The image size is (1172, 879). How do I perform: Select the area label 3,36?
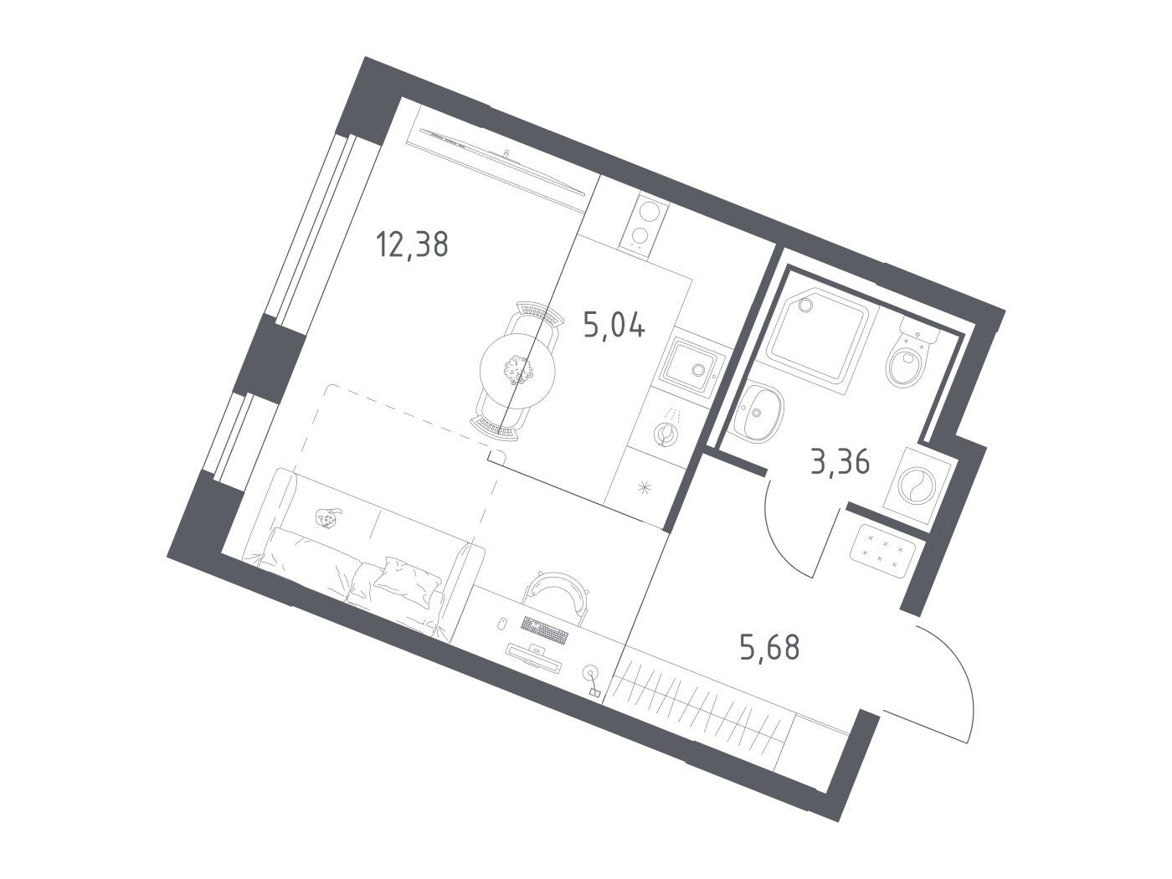tap(840, 462)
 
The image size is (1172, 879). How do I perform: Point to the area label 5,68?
tap(770, 648)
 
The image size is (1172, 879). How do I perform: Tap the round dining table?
tap(517, 370)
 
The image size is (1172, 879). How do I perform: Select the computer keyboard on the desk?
tap(544, 630)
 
